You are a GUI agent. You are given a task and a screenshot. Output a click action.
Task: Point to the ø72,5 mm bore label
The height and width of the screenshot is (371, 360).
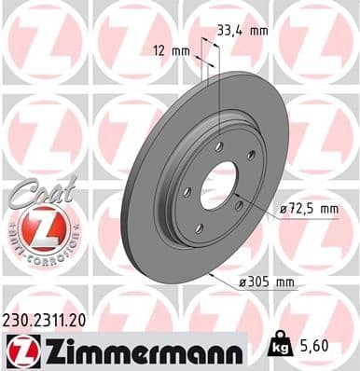coord(309,211)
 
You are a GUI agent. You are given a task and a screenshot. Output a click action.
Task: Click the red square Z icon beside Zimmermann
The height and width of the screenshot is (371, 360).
coord(20,350)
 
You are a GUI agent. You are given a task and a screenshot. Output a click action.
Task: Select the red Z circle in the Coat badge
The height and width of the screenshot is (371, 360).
coord(38,227)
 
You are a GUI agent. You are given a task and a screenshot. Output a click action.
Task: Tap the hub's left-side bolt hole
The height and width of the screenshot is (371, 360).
coord(187,191)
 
